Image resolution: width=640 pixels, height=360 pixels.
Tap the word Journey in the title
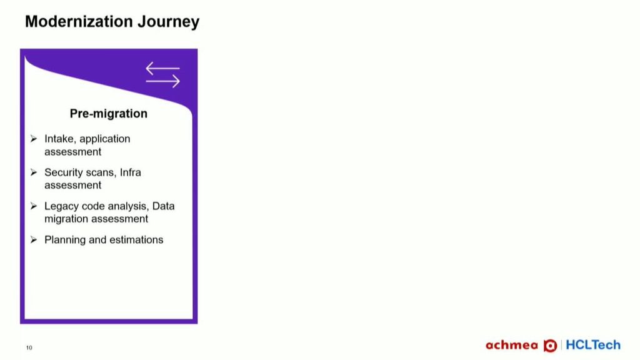(x=169, y=22)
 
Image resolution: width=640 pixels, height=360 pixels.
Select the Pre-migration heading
(x=109, y=114)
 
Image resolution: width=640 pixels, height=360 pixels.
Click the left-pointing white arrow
(x=162, y=68)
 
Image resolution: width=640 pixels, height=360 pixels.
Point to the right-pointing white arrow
(x=163, y=81)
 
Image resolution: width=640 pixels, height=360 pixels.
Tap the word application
(x=105, y=139)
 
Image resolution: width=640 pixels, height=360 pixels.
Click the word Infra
(x=130, y=172)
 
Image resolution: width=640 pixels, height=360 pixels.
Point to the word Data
(x=163, y=206)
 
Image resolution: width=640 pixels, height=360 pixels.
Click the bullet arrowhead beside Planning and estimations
(x=34, y=239)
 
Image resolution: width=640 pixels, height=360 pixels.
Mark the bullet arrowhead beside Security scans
(x=34, y=172)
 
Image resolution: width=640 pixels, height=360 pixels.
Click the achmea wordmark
(x=512, y=345)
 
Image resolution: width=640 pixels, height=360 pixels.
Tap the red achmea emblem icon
(x=550, y=346)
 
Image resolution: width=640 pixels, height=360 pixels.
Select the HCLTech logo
(x=593, y=345)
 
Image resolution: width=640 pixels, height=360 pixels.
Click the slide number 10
(x=29, y=347)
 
